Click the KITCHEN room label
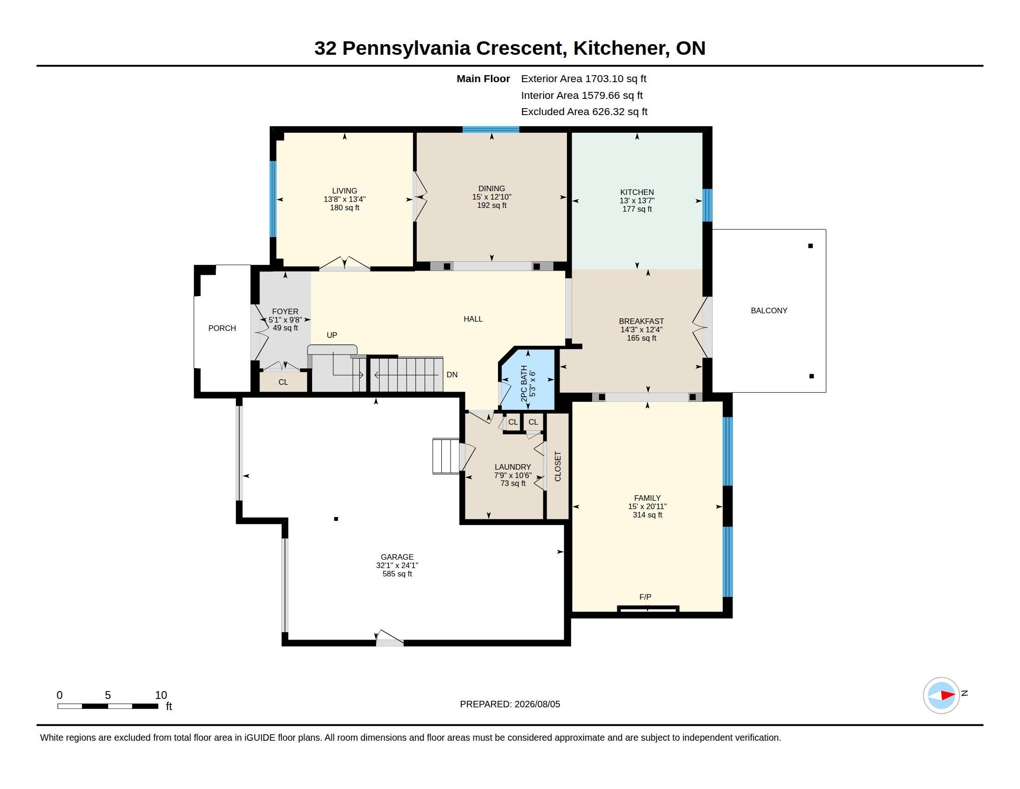pos(637,192)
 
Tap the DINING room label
pos(491,189)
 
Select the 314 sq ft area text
pos(647,515)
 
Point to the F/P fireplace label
pos(645,597)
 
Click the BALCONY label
pos(769,310)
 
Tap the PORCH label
pos(222,328)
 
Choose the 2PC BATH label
pos(524,384)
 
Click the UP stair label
pos(331,335)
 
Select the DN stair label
pos(452,375)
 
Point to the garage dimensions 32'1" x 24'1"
pos(397,565)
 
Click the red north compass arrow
pos(948,695)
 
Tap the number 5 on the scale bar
pos(108,695)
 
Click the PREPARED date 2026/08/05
pos(537,704)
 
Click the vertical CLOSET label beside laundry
pos(557,466)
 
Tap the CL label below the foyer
pos(283,382)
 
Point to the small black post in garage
pos(336,519)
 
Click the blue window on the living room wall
pos(273,199)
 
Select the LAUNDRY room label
pos(513,467)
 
